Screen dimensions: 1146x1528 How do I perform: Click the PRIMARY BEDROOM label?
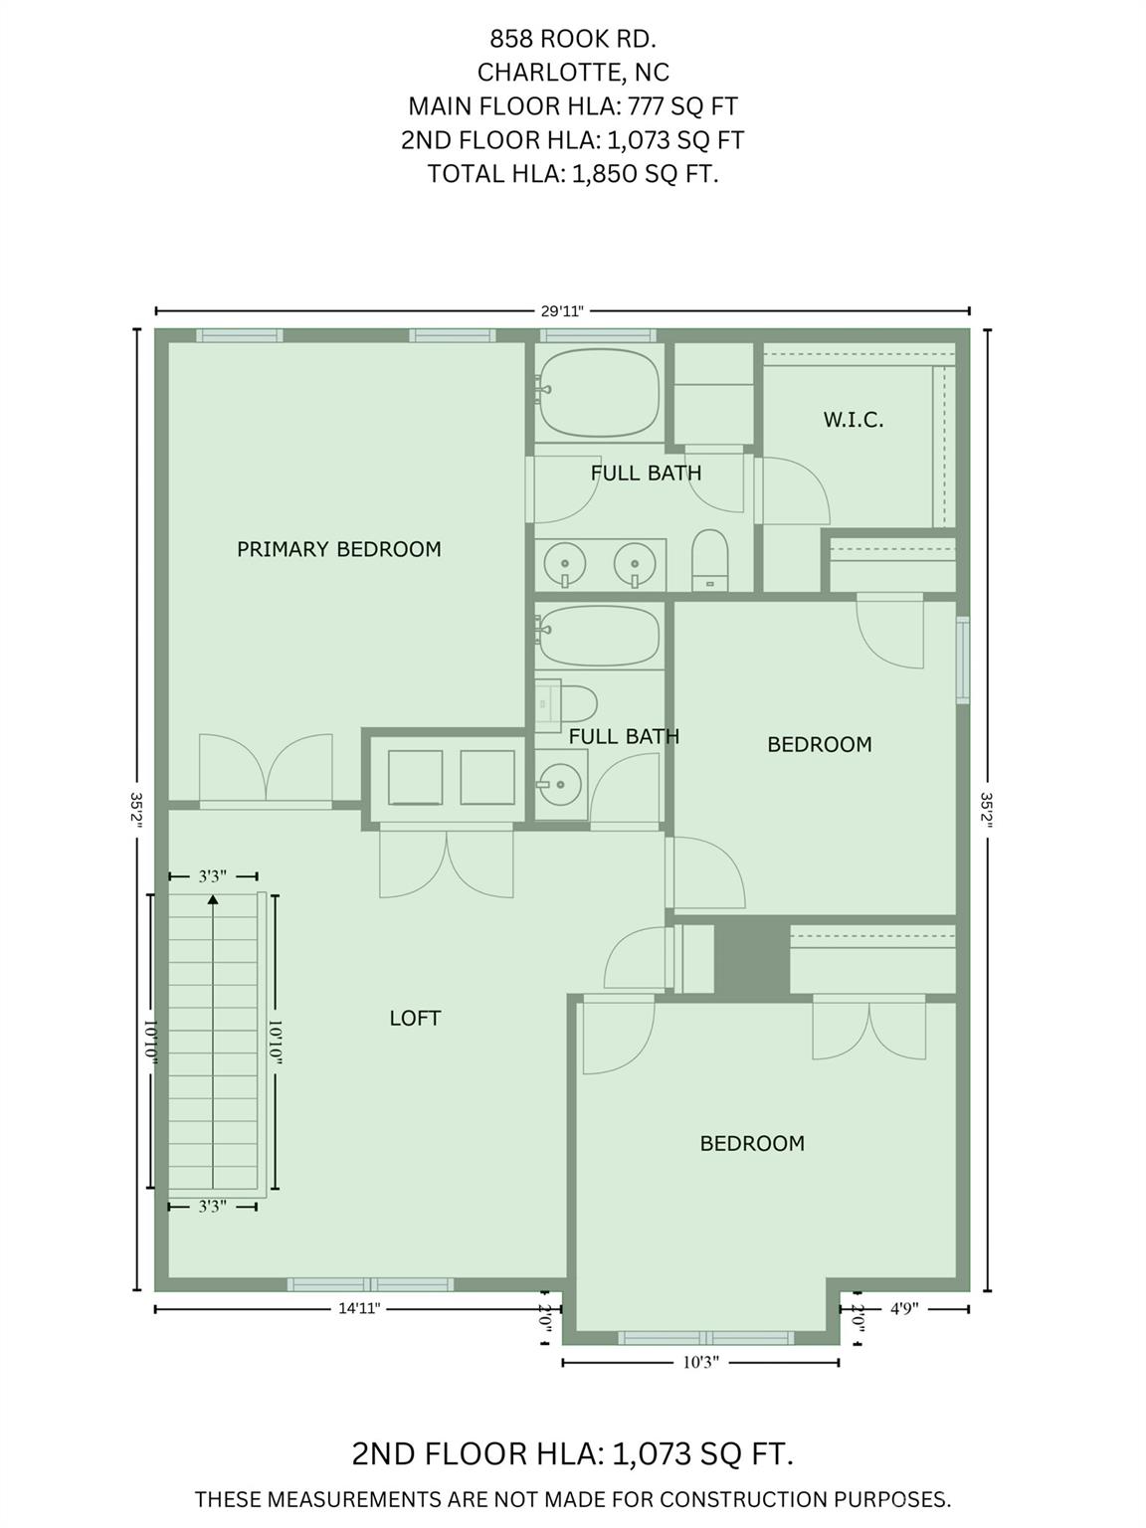click(339, 549)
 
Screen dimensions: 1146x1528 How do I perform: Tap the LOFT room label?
click(415, 1019)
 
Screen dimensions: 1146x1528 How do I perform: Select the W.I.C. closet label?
click(854, 420)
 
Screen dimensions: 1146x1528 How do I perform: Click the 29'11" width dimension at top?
click(561, 311)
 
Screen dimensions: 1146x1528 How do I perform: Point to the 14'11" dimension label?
click(359, 1308)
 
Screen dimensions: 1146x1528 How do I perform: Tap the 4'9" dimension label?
click(904, 1308)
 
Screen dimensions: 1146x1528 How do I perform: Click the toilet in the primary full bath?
click(709, 561)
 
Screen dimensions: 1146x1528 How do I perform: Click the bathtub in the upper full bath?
click(599, 393)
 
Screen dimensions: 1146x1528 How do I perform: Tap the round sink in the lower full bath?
click(559, 784)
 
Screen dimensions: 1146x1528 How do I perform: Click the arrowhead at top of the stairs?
click(213, 899)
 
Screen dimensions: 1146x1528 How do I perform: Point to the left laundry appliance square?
click(416, 778)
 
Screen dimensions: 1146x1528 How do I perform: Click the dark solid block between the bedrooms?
click(752, 959)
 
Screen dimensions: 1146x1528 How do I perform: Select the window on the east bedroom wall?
click(963, 660)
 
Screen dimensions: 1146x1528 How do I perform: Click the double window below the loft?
click(371, 1284)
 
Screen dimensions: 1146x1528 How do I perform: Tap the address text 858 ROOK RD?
click(573, 39)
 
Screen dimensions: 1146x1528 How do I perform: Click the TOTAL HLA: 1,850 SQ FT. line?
click(573, 173)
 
